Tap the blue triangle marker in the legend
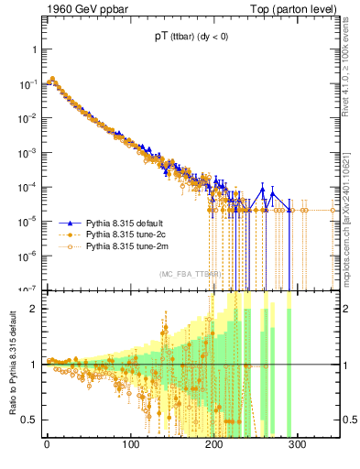pos(70,223)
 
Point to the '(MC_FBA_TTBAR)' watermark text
pos(188,275)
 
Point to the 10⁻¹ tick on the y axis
pos(27,83)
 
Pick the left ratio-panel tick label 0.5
pos(28,420)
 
